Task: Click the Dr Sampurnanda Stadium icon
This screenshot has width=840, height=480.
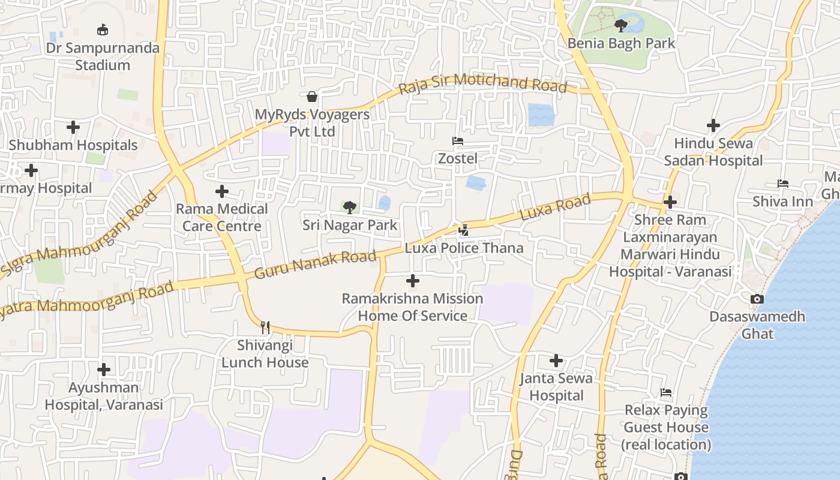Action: pyautogui.click(x=103, y=29)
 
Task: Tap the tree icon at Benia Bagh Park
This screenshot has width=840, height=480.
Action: pyautogui.click(x=621, y=25)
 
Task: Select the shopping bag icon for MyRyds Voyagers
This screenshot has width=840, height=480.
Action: pyautogui.click(x=312, y=97)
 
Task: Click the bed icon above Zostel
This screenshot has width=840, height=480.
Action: pyautogui.click(x=458, y=141)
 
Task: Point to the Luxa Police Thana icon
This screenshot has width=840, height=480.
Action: pyautogui.click(x=463, y=230)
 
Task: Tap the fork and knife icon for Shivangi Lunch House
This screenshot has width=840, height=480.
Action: pyautogui.click(x=265, y=327)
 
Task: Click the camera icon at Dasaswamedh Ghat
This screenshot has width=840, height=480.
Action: pyautogui.click(x=757, y=299)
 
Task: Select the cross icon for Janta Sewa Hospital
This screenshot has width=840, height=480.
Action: pyautogui.click(x=556, y=361)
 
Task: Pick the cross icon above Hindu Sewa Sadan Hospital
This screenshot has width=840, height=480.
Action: pyautogui.click(x=713, y=125)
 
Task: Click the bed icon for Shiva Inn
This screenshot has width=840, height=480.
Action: pyautogui.click(x=782, y=184)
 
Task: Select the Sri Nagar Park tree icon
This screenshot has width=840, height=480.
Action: pyautogui.click(x=349, y=208)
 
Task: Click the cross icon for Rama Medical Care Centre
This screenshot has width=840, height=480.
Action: pyautogui.click(x=222, y=191)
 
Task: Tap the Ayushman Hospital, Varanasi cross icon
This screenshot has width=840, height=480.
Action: pyautogui.click(x=104, y=369)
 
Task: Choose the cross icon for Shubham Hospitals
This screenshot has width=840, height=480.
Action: pyautogui.click(x=73, y=127)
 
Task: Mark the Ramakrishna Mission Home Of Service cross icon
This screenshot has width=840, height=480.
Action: pyautogui.click(x=413, y=281)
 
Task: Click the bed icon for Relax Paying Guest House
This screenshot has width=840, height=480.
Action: pyautogui.click(x=666, y=392)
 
